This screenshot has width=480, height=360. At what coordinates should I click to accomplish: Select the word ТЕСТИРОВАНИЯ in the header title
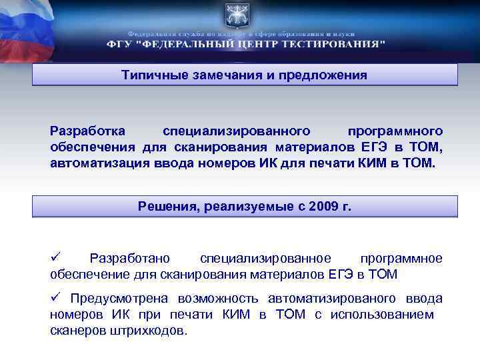point(333,44)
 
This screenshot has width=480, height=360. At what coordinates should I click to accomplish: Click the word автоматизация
point(91,163)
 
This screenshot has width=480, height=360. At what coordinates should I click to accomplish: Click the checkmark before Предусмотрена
point(56,298)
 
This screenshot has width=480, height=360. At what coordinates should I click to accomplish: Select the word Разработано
point(130,258)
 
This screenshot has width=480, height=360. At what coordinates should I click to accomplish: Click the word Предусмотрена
point(119,299)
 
